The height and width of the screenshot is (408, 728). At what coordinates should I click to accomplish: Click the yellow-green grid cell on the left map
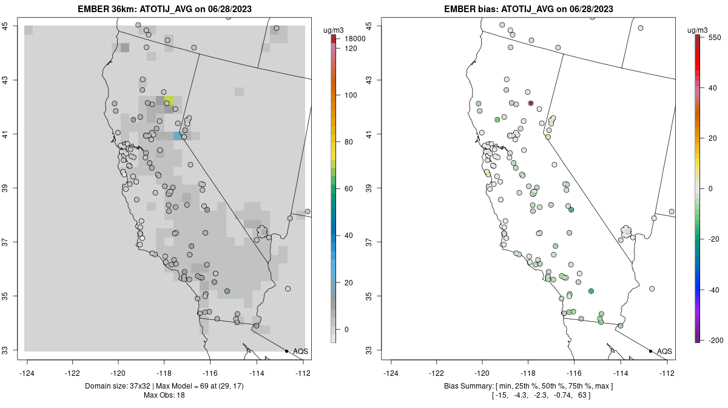(x=169, y=100)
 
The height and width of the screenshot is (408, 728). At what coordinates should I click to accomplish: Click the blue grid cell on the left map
(x=177, y=136)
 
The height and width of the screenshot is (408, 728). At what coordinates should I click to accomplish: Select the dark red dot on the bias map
(x=531, y=103)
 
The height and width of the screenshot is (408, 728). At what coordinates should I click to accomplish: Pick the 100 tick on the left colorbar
(x=350, y=95)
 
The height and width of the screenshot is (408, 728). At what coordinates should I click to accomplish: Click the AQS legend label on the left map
(x=301, y=351)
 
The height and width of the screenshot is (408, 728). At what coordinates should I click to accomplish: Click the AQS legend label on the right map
(x=665, y=351)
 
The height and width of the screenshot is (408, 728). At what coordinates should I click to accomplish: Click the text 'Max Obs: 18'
(x=164, y=395)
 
